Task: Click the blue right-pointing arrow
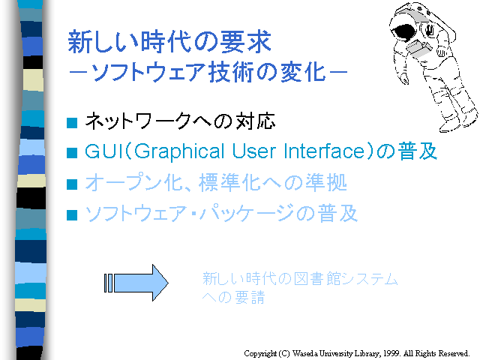[136, 283]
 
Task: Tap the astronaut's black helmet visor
[404, 32]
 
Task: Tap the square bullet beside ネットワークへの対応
[72, 123]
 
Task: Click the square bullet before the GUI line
[72, 153]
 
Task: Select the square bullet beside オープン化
[72, 184]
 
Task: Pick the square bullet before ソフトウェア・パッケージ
[72, 215]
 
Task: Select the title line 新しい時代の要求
[169, 42]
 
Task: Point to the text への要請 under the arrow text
[233, 297]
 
